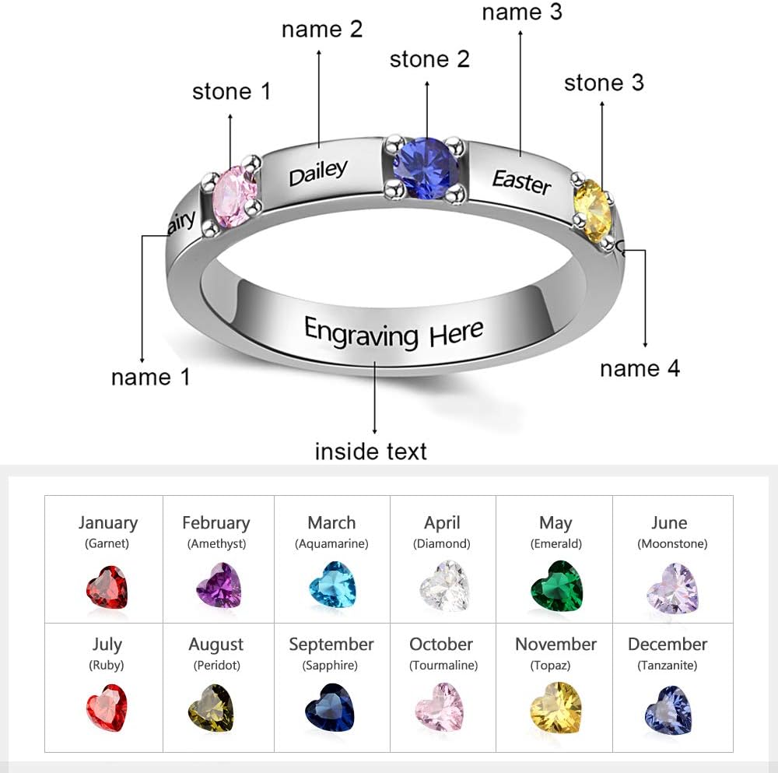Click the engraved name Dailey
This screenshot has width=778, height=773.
tap(317, 172)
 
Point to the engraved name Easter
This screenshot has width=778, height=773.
tap(521, 181)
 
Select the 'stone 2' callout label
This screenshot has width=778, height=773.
tap(429, 59)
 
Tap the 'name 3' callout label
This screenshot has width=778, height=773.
tap(522, 12)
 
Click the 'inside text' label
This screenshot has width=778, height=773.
tap(370, 451)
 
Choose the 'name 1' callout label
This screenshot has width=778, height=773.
tap(150, 378)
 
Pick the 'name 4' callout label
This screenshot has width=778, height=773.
tap(640, 368)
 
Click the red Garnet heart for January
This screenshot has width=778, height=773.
tap(107, 588)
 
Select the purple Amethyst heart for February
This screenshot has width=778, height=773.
tap(219, 585)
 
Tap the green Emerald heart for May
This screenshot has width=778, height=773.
tap(556, 586)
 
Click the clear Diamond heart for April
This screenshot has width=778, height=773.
tap(444, 586)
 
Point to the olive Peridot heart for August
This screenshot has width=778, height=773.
tap(211, 708)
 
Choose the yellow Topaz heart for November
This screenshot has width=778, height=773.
tap(555, 708)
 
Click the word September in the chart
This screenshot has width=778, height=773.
tap(331, 645)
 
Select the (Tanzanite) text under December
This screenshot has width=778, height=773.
tap(667, 666)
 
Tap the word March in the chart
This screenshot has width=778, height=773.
tap(331, 523)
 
